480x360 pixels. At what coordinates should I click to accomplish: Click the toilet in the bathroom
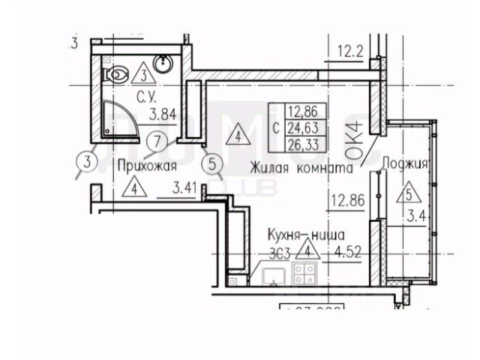116,74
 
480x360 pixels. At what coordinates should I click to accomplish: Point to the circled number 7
156,140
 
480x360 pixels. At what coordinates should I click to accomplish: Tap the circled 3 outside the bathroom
88,160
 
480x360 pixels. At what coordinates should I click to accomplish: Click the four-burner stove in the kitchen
305,274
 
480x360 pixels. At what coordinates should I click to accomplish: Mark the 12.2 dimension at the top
350,52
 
